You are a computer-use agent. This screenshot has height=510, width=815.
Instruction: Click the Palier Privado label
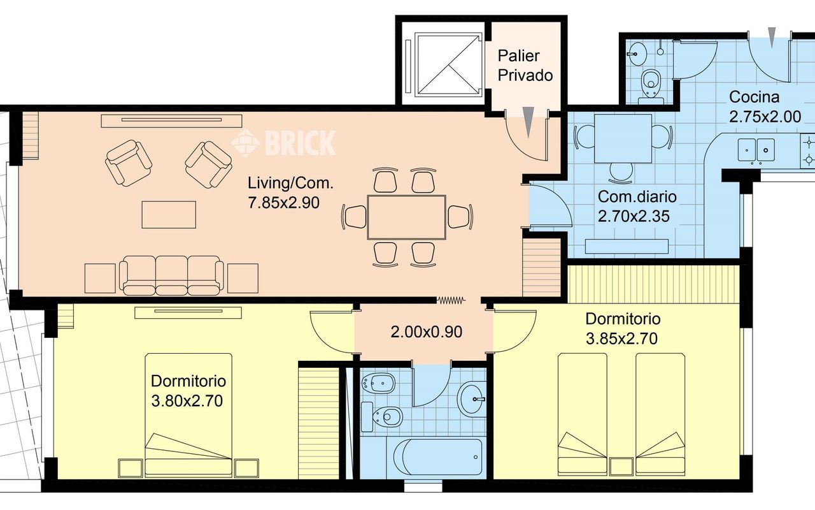coord(525,66)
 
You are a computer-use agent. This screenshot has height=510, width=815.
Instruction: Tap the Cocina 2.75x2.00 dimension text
coord(765,117)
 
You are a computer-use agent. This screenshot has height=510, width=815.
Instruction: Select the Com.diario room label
coord(637,197)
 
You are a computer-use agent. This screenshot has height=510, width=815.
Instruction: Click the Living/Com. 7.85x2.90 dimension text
coord(284,203)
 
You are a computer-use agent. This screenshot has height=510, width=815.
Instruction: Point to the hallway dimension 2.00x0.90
coord(427,332)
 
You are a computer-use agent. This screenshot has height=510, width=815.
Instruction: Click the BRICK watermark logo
coord(284,143)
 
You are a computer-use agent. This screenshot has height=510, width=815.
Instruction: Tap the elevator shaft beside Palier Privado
coord(448,65)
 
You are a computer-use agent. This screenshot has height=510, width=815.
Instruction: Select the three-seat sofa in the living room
coord(171,275)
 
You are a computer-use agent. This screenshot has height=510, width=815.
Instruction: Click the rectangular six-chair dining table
coord(407,217)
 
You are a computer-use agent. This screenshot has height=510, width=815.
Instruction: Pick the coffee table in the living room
coord(169,215)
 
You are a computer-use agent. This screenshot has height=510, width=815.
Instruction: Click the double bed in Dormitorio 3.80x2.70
coord(188,415)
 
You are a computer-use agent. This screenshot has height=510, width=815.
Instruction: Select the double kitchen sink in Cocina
coord(756,149)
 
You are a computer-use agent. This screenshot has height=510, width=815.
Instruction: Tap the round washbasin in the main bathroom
coord(472,399)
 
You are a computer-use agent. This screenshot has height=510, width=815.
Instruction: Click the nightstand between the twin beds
coord(621,466)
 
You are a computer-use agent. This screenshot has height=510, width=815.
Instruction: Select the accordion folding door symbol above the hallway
coord(451,300)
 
